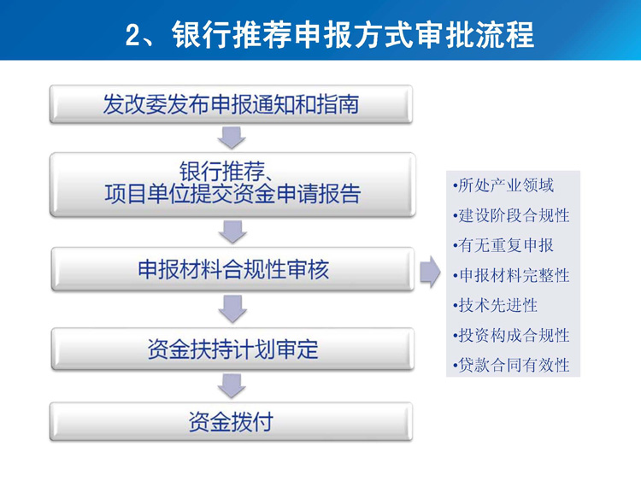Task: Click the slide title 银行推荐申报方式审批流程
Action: click(x=353, y=35)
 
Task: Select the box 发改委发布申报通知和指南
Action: click(x=231, y=104)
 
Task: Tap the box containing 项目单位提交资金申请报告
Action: click(x=232, y=185)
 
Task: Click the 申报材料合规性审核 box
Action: click(x=232, y=269)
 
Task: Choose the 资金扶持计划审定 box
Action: click(x=232, y=349)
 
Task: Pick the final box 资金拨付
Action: click(x=231, y=421)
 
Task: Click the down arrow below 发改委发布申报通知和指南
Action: click(x=232, y=138)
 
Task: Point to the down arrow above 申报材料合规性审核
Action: click(x=232, y=232)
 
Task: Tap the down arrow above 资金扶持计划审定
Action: click(x=232, y=309)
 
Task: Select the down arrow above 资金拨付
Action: click(x=232, y=386)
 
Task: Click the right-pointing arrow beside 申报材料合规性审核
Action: click(x=430, y=272)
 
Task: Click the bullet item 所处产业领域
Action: click(x=503, y=185)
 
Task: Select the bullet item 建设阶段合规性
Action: click(x=511, y=215)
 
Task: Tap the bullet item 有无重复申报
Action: click(x=503, y=245)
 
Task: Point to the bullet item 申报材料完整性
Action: click(x=511, y=275)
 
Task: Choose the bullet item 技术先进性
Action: click(x=495, y=305)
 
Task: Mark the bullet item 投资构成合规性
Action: click(x=511, y=335)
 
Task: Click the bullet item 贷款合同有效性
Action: click(x=511, y=365)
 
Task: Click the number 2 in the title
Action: click(x=133, y=35)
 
